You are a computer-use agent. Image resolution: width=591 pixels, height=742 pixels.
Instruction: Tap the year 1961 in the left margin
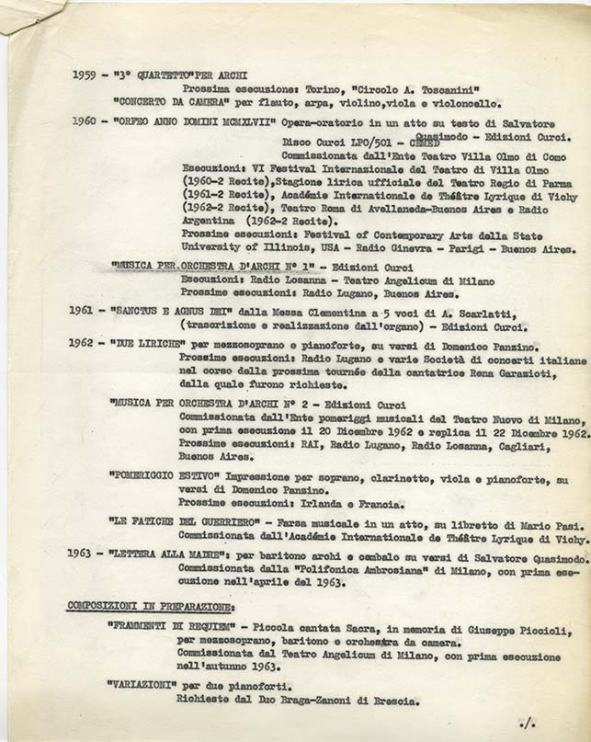83,311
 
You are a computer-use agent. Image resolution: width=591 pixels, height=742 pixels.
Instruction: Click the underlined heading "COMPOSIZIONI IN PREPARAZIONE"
151,607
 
